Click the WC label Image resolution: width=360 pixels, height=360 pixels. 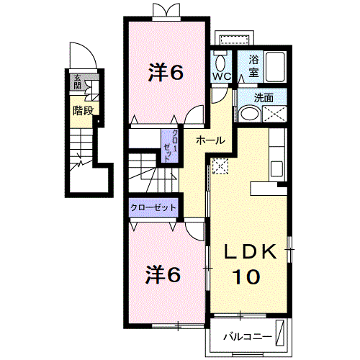click(x=222, y=76)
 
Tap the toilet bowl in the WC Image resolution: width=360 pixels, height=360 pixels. click(x=220, y=63)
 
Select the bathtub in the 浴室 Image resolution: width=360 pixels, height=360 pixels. click(x=275, y=67)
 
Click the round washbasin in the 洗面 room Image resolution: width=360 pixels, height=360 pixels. click(x=250, y=114)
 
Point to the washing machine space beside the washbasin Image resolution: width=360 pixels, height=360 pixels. click(x=274, y=114)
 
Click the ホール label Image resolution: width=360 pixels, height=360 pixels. click(x=210, y=140)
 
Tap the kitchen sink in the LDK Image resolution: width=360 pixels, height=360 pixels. click(x=276, y=169)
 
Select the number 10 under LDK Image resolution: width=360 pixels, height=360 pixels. click(x=246, y=276)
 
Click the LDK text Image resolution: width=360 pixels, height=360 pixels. click(x=250, y=251)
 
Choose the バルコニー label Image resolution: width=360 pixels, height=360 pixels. click(x=248, y=337)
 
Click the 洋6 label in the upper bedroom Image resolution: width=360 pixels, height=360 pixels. click(x=166, y=72)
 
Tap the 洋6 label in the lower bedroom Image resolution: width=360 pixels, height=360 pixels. click(x=163, y=274)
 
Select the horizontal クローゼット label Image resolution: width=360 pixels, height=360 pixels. click(x=153, y=207)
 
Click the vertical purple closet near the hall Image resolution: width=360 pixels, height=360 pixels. click(x=170, y=146)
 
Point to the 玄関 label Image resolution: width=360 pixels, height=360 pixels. click(x=77, y=82)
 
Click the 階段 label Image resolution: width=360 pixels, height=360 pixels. click(x=83, y=110)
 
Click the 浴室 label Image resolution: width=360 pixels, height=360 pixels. click(x=253, y=66)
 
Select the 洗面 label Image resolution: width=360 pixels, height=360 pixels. click(x=264, y=98)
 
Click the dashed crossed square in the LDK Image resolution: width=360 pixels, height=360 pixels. click(x=220, y=166)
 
